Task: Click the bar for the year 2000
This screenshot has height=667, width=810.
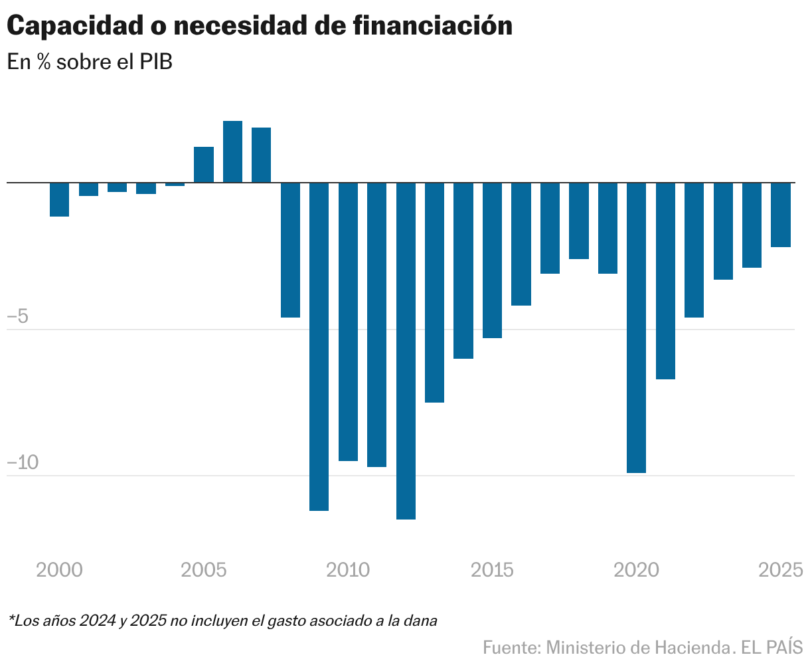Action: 60,199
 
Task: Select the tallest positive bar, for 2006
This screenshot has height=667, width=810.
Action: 232,151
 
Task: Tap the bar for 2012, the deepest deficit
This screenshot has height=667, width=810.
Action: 406,350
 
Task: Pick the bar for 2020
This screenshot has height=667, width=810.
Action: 636,327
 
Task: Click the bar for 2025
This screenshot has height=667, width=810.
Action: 781,215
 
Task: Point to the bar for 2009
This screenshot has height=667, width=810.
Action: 319,346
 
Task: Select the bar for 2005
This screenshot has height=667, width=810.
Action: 204,164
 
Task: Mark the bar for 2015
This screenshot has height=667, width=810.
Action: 492,260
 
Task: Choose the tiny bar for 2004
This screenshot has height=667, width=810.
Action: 175,184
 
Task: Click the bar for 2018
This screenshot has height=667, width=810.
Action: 579,221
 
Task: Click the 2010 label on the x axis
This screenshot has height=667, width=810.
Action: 349,570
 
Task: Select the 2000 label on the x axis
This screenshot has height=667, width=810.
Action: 60,570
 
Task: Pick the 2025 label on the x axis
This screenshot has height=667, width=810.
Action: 781,570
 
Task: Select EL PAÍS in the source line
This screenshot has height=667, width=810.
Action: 772,647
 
